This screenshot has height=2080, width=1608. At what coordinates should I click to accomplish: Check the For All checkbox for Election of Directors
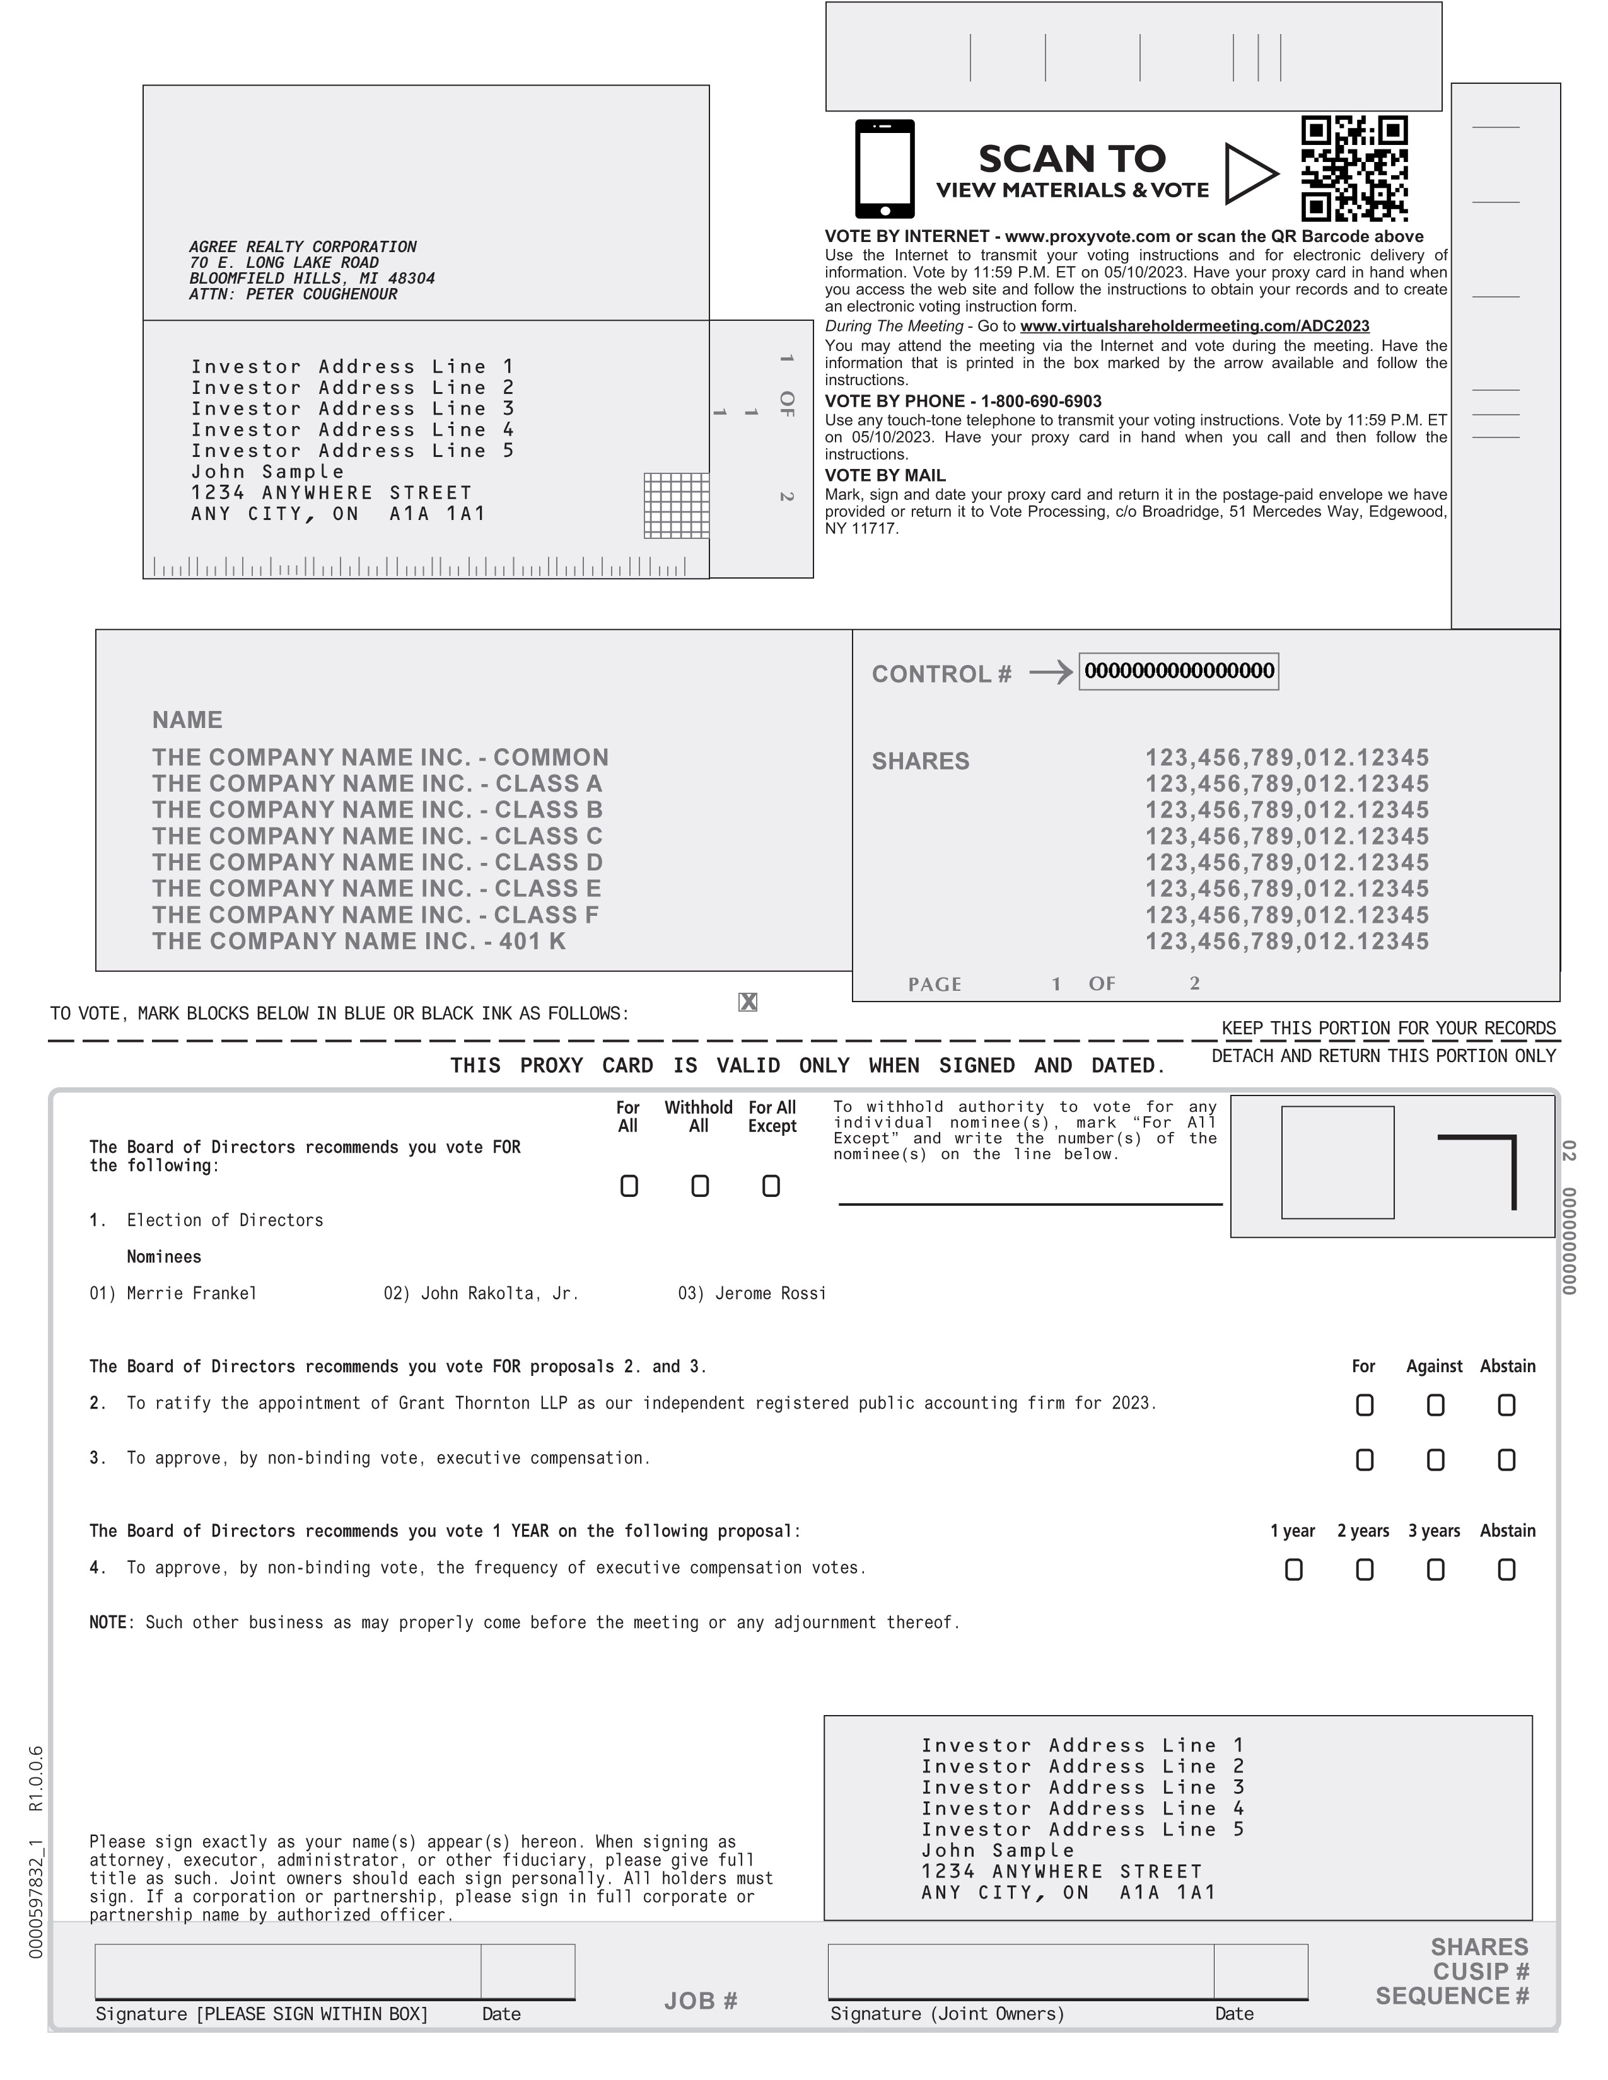[x=629, y=1186]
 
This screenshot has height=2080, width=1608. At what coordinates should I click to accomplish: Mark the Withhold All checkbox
[x=699, y=1186]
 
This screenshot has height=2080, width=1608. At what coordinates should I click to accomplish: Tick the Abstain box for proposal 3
[x=1506, y=1460]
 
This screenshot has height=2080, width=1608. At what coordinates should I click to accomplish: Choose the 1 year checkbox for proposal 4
[x=1293, y=1569]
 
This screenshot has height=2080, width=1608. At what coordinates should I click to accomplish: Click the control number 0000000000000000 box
[x=1179, y=671]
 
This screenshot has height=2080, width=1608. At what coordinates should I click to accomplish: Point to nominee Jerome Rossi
[x=770, y=1293]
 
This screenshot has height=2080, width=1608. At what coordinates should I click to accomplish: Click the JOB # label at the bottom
[x=701, y=2001]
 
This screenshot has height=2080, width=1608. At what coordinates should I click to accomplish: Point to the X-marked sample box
[x=748, y=1002]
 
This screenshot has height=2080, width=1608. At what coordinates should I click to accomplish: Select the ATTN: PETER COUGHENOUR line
[x=293, y=294]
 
